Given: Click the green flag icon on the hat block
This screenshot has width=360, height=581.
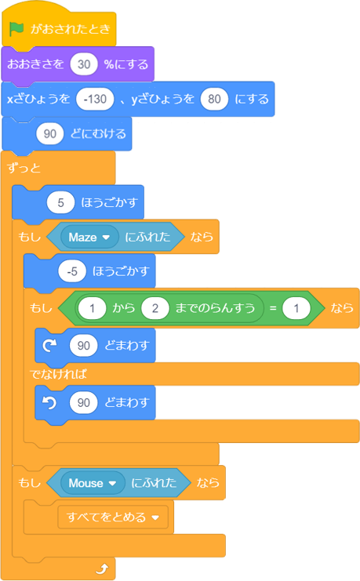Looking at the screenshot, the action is pyautogui.click(x=16, y=29).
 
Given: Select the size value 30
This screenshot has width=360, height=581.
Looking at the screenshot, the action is pyautogui.click(x=84, y=64).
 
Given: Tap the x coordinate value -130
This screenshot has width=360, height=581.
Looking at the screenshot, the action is pyautogui.click(x=95, y=99).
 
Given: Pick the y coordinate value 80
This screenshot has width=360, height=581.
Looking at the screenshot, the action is pyautogui.click(x=214, y=99).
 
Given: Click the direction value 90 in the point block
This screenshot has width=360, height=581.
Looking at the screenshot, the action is pyautogui.click(x=50, y=133).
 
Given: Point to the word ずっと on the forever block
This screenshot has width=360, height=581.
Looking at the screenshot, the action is pyautogui.click(x=24, y=169).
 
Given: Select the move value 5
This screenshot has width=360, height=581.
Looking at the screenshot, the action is pyautogui.click(x=61, y=202).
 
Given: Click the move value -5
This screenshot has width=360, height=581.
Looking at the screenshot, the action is pyautogui.click(x=72, y=271).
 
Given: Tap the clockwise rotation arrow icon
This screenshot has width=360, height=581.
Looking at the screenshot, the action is pyautogui.click(x=49, y=345).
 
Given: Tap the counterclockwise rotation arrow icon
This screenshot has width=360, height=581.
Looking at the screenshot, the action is pyautogui.click(x=49, y=402).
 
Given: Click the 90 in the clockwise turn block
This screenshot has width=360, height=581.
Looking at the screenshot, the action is pyautogui.click(x=83, y=345).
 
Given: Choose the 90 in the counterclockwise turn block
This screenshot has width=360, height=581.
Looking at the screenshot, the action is pyautogui.click(x=83, y=402).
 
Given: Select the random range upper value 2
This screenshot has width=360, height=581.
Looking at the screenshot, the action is pyautogui.click(x=155, y=308).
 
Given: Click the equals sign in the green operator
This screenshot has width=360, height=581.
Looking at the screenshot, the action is pyautogui.click(x=273, y=308).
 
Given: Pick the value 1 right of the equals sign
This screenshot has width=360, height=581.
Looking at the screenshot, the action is pyautogui.click(x=296, y=308).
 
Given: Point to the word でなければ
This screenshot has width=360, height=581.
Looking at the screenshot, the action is pyautogui.click(x=58, y=374).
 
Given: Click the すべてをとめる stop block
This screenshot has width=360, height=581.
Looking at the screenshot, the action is pyautogui.click(x=113, y=517).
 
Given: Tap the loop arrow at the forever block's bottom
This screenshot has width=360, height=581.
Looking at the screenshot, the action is pyautogui.click(x=102, y=568).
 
